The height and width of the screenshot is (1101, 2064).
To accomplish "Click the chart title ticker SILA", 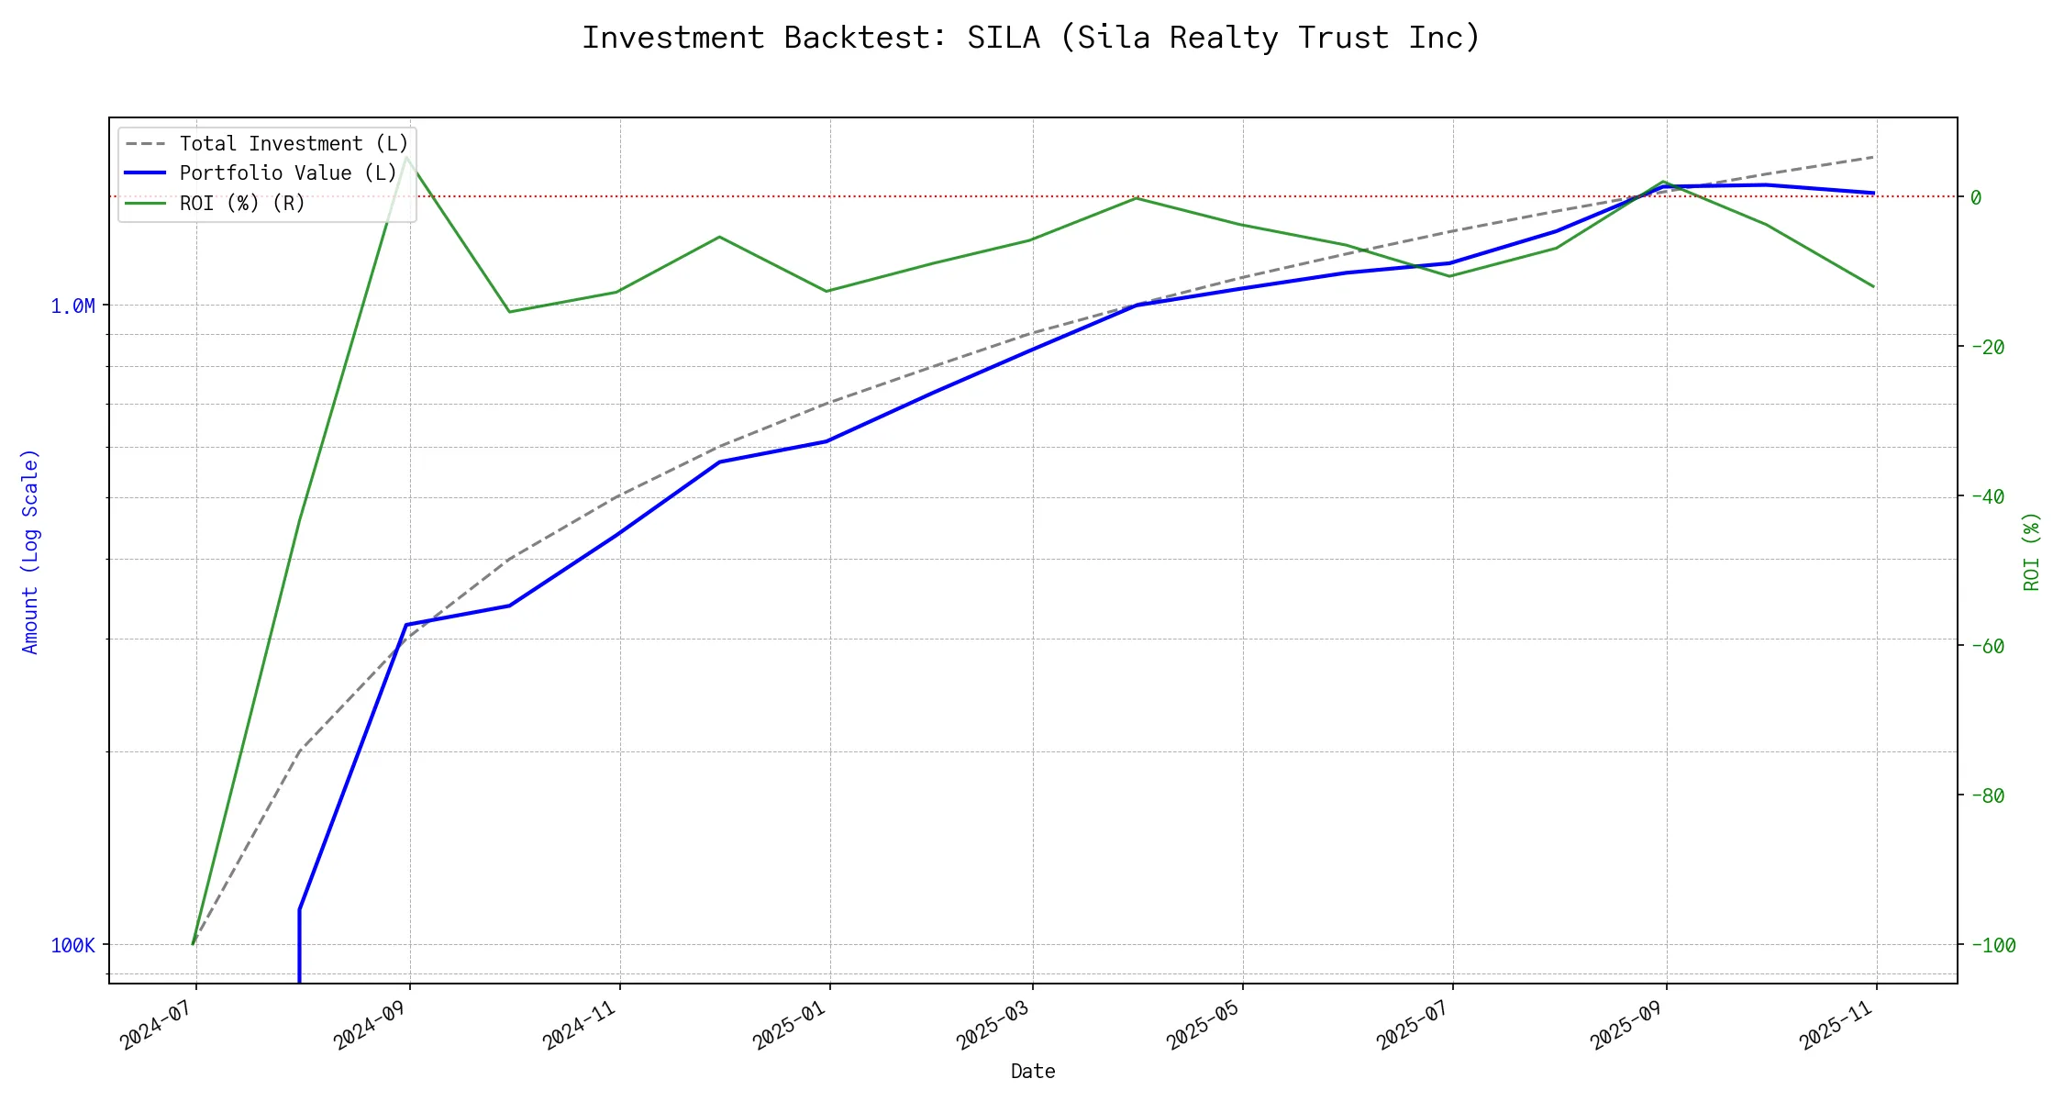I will click(1003, 39).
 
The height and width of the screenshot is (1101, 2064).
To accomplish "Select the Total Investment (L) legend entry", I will click(294, 144).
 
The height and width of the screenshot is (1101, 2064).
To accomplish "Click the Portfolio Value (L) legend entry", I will click(288, 173).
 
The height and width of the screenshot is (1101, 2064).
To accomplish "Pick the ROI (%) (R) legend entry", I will click(242, 203).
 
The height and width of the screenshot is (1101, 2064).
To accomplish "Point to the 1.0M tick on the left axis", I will click(72, 306).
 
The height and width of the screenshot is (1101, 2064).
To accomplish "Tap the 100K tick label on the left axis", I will click(72, 945).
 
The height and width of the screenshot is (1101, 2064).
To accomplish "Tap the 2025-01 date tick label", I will click(789, 1024).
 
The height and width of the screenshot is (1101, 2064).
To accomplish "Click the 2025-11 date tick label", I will click(1836, 1024).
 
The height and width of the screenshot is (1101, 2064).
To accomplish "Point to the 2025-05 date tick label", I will click(1202, 1024).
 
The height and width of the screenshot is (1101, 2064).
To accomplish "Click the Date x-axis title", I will click(1033, 1072).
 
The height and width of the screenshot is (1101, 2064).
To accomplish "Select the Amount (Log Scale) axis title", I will click(30, 550).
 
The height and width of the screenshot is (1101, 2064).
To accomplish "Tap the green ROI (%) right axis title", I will click(2031, 550).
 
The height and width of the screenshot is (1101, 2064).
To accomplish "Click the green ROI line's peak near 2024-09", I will click(406, 157).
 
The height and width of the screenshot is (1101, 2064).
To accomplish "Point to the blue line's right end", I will click(1873, 193).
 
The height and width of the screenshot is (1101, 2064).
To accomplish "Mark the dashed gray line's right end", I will click(1873, 157).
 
